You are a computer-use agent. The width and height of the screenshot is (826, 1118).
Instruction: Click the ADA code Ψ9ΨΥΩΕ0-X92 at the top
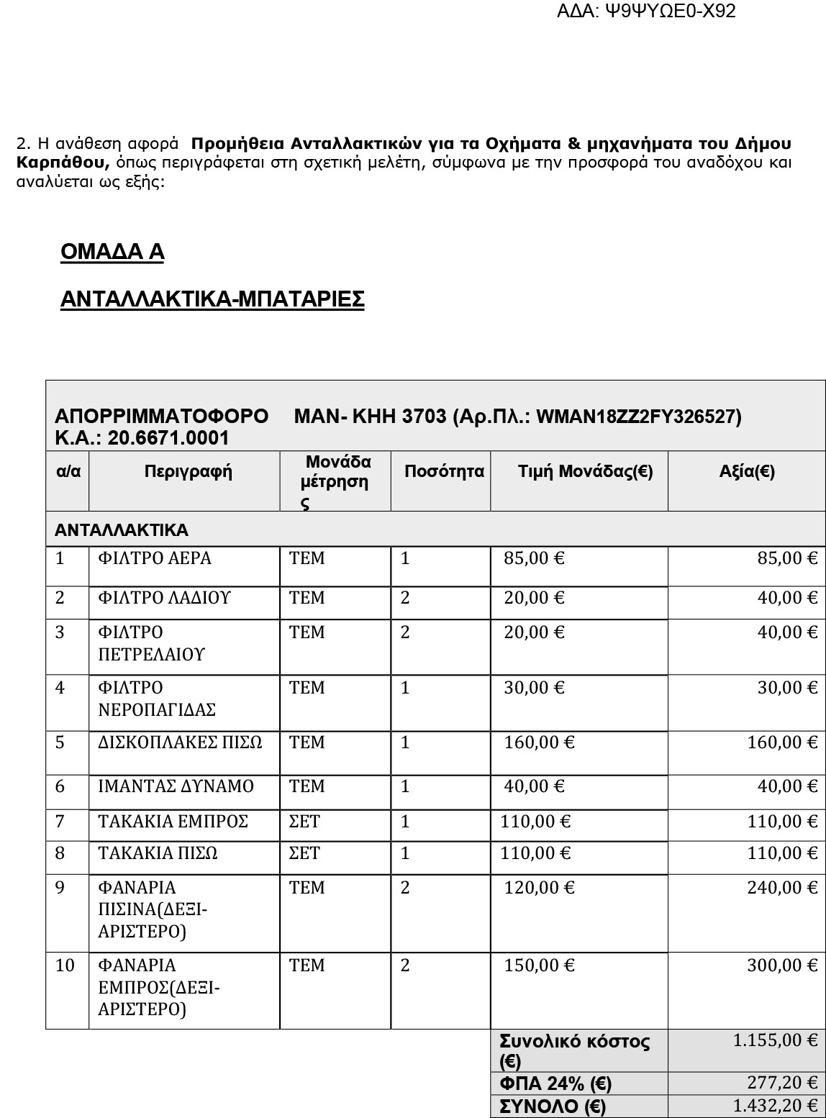tap(645, 11)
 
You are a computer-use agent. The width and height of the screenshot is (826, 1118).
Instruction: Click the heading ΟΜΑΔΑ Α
tap(112, 252)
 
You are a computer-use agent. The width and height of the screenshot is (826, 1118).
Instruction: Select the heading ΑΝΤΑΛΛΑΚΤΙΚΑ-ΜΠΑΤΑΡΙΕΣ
tap(212, 299)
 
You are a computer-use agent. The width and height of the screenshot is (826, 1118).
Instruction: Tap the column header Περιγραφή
tap(188, 472)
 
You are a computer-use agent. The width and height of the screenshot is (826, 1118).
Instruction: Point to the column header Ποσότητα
tap(444, 472)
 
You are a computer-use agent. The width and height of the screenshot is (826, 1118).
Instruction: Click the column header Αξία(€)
tap(746, 472)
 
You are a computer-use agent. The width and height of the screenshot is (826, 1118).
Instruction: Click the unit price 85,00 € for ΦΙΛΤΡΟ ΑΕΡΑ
tap(534, 558)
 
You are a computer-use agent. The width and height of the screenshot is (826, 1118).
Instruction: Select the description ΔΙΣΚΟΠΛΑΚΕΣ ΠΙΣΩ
tap(180, 742)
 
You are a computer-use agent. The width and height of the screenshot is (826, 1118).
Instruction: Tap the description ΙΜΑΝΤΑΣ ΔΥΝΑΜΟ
tap(176, 786)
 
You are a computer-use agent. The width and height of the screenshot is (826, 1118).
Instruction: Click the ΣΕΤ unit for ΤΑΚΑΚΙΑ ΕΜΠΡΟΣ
tap(304, 822)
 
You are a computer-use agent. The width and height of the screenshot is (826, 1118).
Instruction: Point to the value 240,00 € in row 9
tap(782, 888)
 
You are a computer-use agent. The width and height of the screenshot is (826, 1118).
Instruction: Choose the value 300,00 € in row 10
tap(782, 965)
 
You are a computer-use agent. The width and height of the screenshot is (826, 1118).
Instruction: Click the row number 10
tap(65, 965)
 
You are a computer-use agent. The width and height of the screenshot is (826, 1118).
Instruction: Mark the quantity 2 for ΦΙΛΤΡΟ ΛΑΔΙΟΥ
tap(405, 598)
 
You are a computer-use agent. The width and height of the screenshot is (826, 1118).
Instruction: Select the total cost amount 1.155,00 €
tap(775, 1040)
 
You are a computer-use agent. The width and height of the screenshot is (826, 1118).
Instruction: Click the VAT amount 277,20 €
tap(782, 1083)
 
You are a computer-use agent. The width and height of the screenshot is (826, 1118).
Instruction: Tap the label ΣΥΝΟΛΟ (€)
tap(553, 1106)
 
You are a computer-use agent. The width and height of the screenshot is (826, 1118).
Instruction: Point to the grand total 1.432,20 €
tap(775, 1106)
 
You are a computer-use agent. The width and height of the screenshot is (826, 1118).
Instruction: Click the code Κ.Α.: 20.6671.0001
tap(142, 438)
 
